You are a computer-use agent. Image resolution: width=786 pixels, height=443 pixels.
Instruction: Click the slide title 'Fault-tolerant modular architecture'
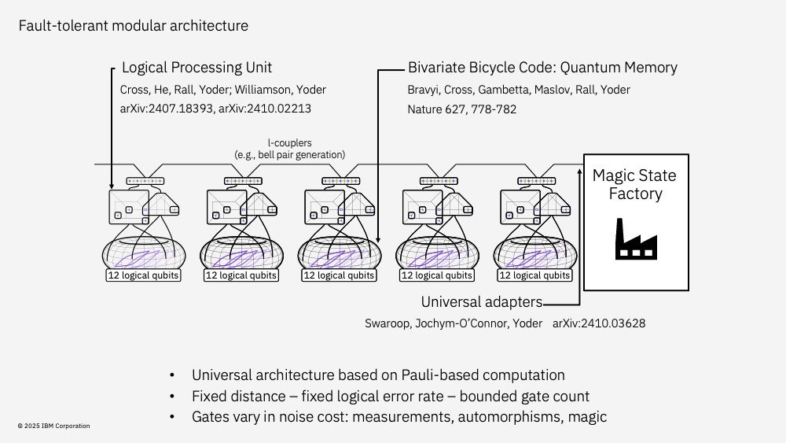(133, 26)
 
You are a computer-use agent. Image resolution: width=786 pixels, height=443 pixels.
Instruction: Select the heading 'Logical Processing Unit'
(196, 68)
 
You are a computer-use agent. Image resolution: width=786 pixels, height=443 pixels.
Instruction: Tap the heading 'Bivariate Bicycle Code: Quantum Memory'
(542, 68)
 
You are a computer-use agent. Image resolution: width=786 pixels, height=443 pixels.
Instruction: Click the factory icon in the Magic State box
(635, 238)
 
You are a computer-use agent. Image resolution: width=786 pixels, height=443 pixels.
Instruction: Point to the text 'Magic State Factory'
(634, 184)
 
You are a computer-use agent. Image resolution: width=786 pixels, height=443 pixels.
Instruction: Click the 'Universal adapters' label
(481, 302)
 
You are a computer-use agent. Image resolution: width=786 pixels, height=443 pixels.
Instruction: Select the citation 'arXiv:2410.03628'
(599, 323)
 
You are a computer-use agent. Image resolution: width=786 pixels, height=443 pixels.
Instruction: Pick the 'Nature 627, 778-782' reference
(461, 109)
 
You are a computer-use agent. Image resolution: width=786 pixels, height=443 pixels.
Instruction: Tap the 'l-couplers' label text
(289, 145)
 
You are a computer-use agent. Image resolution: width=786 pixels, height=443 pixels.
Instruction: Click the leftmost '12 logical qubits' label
(142, 275)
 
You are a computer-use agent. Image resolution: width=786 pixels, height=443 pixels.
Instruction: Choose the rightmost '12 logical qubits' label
(535, 275)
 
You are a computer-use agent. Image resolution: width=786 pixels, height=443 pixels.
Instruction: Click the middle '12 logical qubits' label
(339, 275)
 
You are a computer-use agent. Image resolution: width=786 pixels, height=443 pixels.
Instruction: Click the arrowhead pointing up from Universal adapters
(579, 169)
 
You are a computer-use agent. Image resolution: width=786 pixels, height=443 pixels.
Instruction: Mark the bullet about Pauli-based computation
(378, 375)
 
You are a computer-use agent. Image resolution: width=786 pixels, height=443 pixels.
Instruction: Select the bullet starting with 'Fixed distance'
(391, 396)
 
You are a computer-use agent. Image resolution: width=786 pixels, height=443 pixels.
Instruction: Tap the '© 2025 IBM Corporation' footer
(53, 426)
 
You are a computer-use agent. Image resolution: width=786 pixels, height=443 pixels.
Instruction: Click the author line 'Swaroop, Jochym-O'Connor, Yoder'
(453, 323)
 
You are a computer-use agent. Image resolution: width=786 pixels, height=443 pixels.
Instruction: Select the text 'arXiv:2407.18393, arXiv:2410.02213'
(221, 109)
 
